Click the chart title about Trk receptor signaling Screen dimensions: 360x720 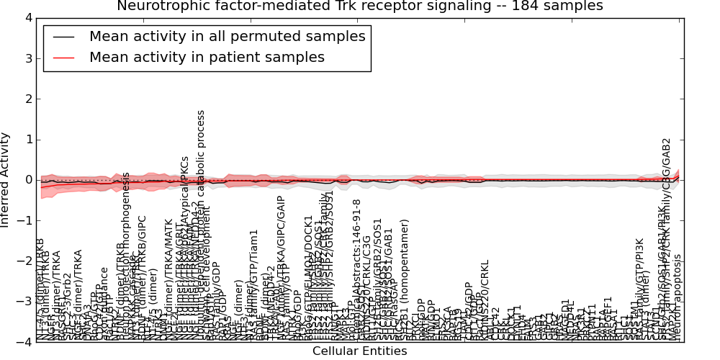[x=359, y=6]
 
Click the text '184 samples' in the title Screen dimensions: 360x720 [x=560, y=6]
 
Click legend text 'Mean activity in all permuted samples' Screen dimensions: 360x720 [x=227, y=37]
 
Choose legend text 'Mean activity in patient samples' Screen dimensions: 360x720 [x=207, y=57]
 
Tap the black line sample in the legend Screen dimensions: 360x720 [x=63, y=37]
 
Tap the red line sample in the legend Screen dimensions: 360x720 [x=63, y=57]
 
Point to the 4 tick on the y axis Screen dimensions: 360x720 [x=27, y=17]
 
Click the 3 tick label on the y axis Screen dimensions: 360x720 [x=27, y=58]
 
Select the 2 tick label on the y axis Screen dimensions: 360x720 [x=27, y=99]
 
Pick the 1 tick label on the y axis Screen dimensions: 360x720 [x=27, y=139]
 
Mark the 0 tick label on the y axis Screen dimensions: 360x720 [x=27, y=180]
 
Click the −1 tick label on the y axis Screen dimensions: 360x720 [x=24, y=220]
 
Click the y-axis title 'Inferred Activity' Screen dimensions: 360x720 [x=6, y=180]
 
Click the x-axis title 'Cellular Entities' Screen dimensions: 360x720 [x=359, y=351]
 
